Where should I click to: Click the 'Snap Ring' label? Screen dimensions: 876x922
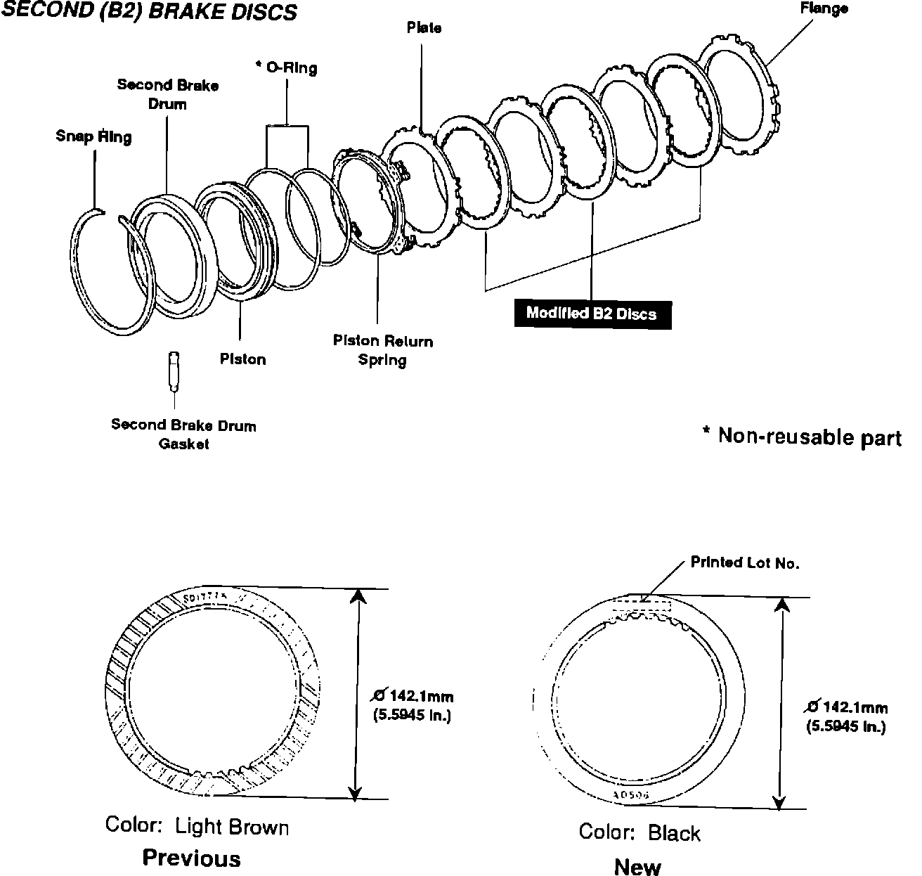point(93,136)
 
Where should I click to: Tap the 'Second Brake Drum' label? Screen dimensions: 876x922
point(168,94)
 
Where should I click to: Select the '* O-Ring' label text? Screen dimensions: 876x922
point(286,67)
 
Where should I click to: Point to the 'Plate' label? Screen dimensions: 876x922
point(424,27)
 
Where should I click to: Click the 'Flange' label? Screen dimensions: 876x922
point(824,8)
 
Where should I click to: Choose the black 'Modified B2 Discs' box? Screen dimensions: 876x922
point(592,314)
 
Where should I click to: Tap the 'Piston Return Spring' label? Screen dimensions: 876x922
point(383,350)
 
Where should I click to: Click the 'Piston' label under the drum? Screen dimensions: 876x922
point(242,359)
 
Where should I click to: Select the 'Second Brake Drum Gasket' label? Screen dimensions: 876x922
point(183,434)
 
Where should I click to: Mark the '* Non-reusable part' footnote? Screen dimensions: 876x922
point(803,437)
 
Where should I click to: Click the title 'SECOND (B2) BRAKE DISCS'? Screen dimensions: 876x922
point(149,12)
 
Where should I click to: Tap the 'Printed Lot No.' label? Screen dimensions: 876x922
point(745,562)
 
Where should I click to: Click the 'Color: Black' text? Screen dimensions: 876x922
point(639,832)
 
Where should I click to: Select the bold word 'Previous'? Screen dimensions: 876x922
point(191,858)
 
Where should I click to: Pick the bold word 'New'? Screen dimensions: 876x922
point(637,867)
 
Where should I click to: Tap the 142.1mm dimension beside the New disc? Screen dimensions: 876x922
point(846,716)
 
